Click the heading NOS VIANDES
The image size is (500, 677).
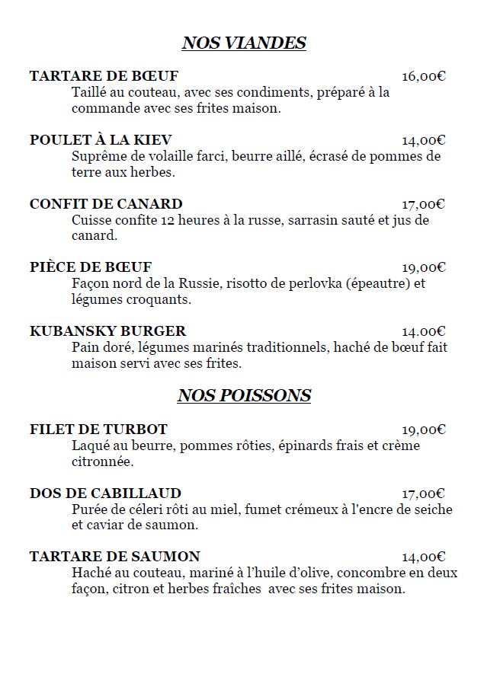[x=244, y=43]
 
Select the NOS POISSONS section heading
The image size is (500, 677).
[x=244, y=395]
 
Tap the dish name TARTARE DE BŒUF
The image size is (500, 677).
[x=104, y=76]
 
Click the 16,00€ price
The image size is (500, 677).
[x=424, y=76]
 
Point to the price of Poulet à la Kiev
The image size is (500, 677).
[x=424, y=140]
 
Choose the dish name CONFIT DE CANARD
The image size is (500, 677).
[x=106, y=204]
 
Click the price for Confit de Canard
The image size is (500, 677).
[x=424, y=204]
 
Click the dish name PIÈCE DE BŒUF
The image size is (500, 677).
[x=91, y=267]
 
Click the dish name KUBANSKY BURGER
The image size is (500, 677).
[x=107, y=331]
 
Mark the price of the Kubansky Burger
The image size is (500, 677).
[x=424, y=331]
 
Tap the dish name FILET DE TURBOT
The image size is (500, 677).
[x=98, y=430]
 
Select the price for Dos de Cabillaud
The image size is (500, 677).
[x=424, y=493]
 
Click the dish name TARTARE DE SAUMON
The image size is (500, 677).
[x=115, y=557]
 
